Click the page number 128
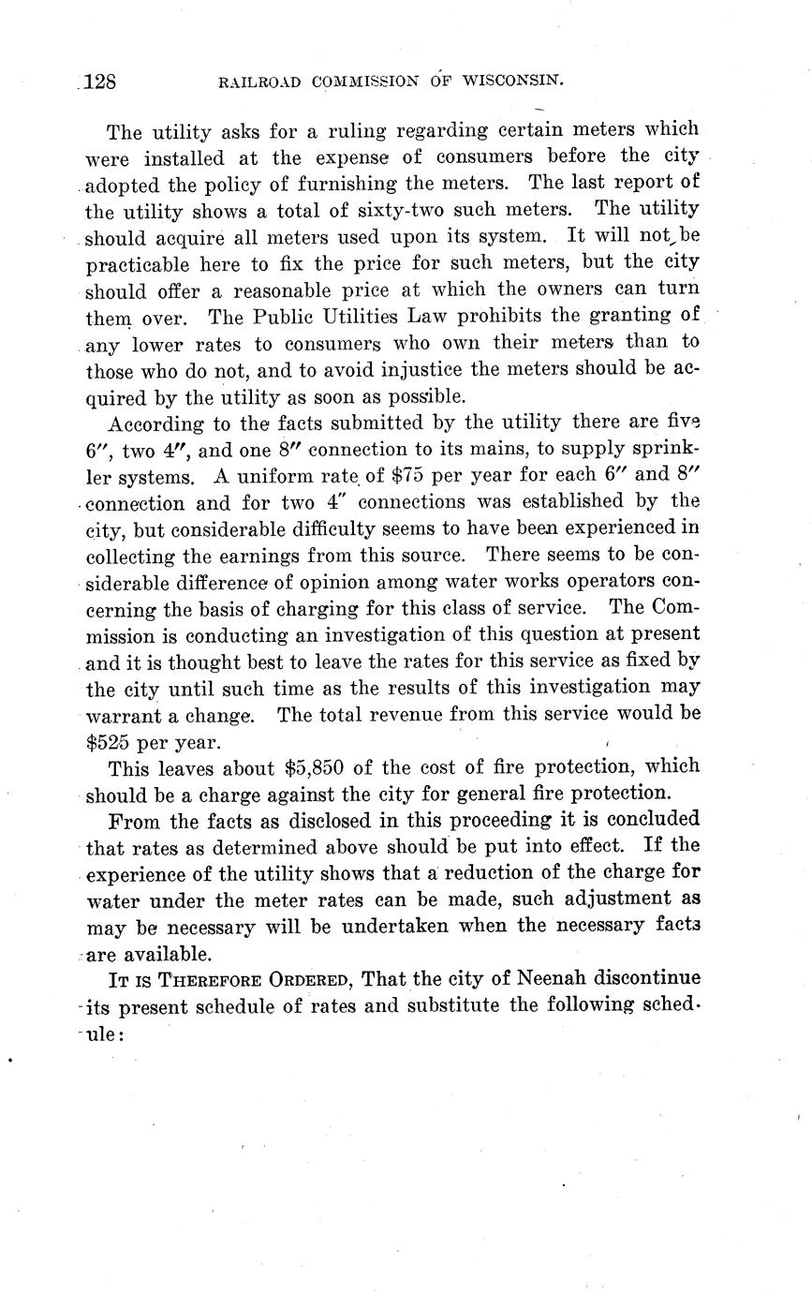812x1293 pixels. coord(99,82)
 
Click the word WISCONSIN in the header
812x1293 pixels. coord(510,82)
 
